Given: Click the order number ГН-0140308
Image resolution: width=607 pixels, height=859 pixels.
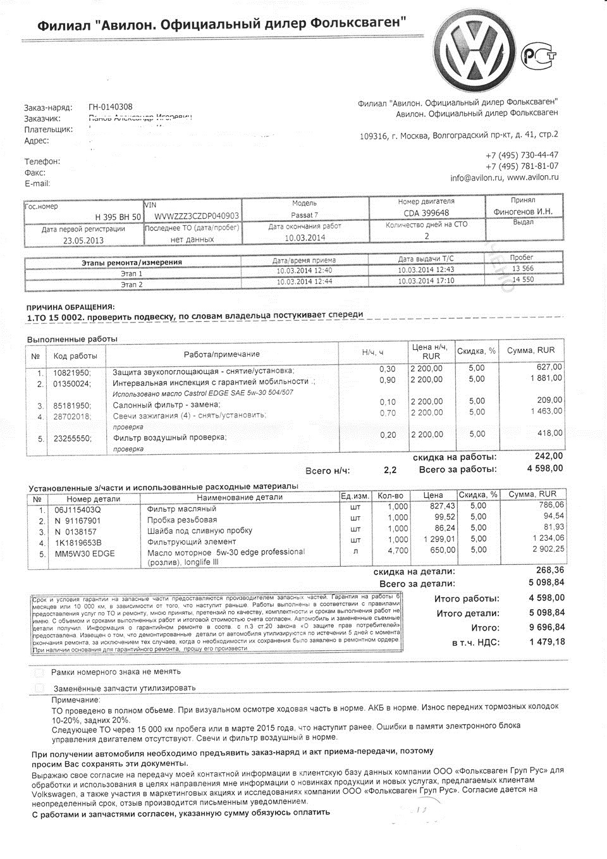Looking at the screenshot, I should tap(111, 107).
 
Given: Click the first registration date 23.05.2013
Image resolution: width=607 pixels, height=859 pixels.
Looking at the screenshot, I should tap(83, 240).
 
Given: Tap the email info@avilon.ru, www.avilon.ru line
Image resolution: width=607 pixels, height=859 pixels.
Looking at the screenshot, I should tap(504, 178).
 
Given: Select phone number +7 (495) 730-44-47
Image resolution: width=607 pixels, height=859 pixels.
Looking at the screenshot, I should tap(522, 155).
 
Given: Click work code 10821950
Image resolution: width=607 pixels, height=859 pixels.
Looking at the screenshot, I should tap(71, 371).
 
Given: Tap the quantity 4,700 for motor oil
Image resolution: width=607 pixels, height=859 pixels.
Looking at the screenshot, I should tap(398, 550).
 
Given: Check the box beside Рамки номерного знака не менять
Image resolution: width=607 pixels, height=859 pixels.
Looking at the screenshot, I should tap(40, 672).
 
